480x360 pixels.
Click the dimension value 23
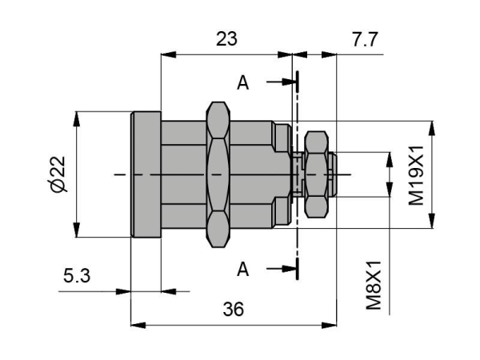[x=226, y=39]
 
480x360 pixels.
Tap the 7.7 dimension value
[x=366, y=39]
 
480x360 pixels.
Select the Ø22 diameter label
[x=58, y=174]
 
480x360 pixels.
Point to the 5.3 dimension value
[x=77, y=275]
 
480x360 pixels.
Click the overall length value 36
[x=234, y=309]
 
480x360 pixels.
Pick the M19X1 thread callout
[x=416, y=175]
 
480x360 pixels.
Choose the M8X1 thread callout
[x=374, y=286]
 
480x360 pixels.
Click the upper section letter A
[x=242, y=82]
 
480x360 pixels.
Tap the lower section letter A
[x=242, y=270]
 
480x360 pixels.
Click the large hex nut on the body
[x=218, y=174]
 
